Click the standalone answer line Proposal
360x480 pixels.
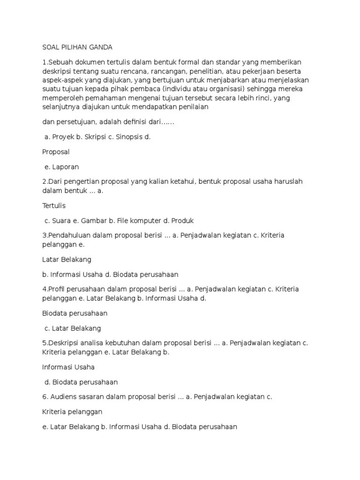(x=56, y=152)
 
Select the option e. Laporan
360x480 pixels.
(x=62, y=167)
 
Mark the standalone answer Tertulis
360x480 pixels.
(x=54, y=205)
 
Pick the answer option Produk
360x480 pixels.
(x=182, y=220)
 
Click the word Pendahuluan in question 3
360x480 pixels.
(x=67, y=235)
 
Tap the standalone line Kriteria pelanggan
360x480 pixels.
(x=72, y=412)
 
